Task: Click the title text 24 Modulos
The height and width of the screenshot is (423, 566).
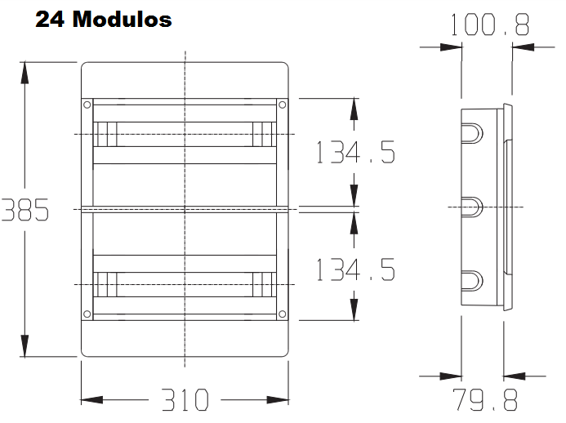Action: tap(104, 19)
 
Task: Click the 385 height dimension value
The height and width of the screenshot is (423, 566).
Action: tap(25, 210)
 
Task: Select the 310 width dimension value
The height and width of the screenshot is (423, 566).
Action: tap(185, 400)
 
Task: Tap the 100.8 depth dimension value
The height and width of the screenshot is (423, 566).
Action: tap(490, 24)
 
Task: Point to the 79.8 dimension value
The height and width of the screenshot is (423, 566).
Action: tap(485, 399)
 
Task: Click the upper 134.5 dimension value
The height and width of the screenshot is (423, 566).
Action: tap(355, 152)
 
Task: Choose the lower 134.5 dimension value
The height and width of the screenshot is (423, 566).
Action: tap(355, 269)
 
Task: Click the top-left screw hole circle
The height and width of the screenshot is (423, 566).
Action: tap(87, 105)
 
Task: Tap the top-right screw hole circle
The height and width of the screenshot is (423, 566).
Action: tap(283, 105)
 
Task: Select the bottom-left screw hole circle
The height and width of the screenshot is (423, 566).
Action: tap(87, 314)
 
